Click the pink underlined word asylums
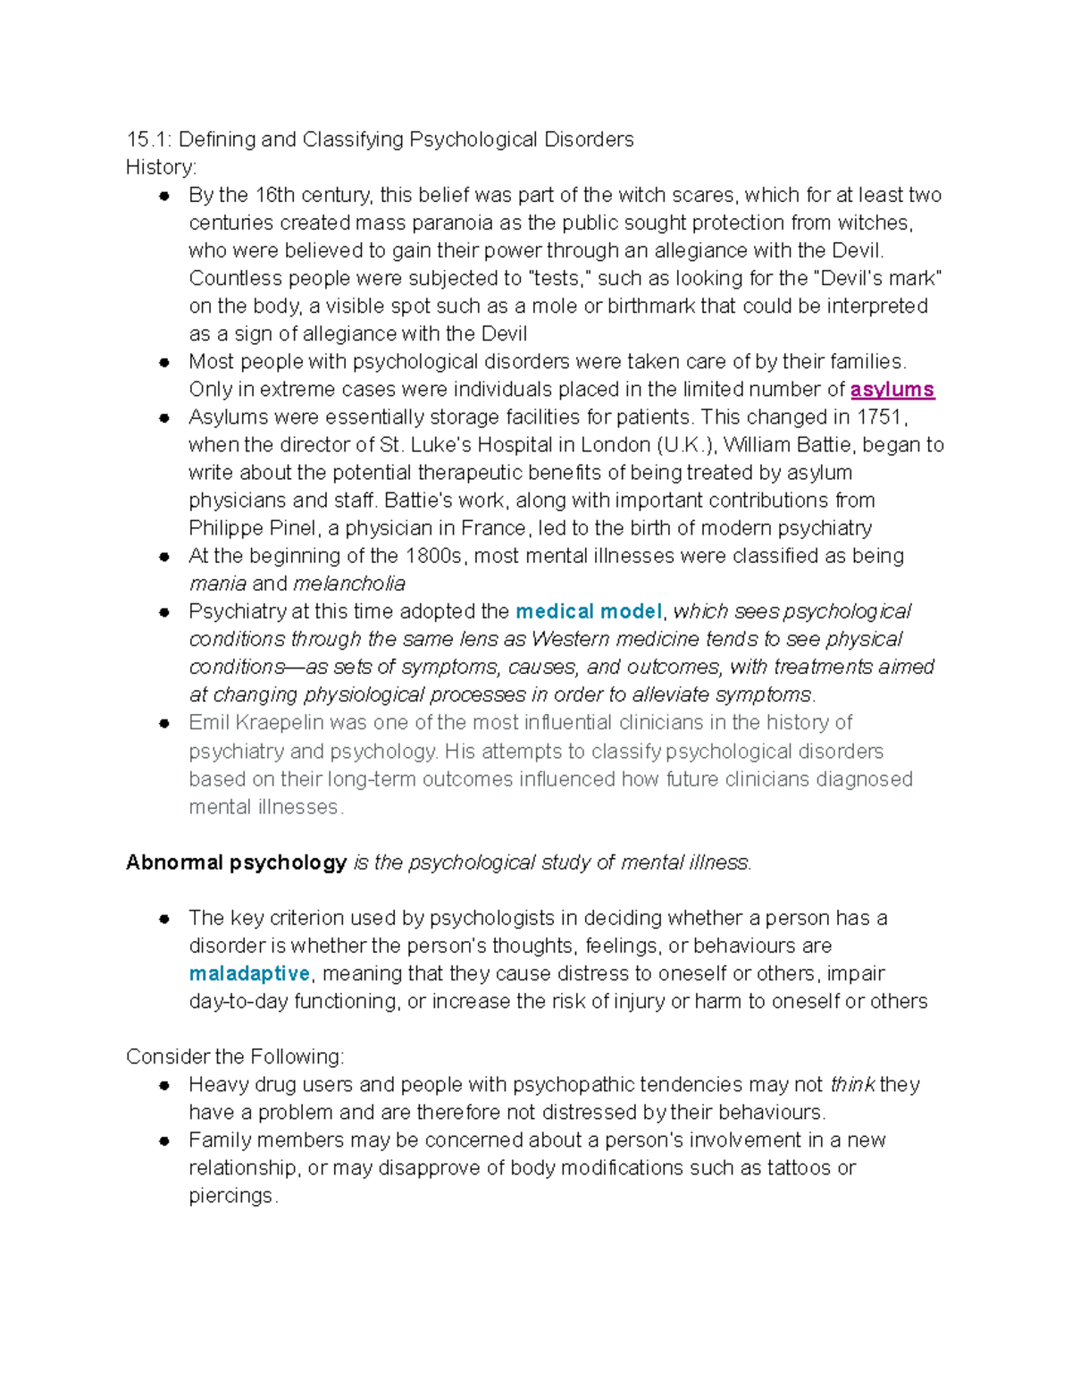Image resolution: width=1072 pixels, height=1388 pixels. (892, 390)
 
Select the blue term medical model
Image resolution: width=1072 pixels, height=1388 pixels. (589, 611)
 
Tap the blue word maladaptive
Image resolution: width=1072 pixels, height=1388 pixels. (249, 973)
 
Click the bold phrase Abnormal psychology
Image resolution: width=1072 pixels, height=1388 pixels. (236, 862)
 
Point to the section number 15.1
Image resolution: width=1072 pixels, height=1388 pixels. (148, 139)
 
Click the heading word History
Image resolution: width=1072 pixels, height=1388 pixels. (160, 167)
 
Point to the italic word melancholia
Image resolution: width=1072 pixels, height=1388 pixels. (348, 584)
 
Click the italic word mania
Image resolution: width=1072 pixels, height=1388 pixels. (217, 584)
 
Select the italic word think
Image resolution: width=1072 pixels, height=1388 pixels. (852, 1084)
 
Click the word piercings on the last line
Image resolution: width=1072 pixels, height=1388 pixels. (232, 1196)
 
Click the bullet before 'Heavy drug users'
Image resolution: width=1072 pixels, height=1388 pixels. (163, 1085)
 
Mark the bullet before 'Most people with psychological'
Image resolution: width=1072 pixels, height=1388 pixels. (163, 362)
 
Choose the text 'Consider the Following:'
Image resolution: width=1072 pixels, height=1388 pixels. (235, 1056)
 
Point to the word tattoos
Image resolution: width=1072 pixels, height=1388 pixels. (799, 1167)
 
